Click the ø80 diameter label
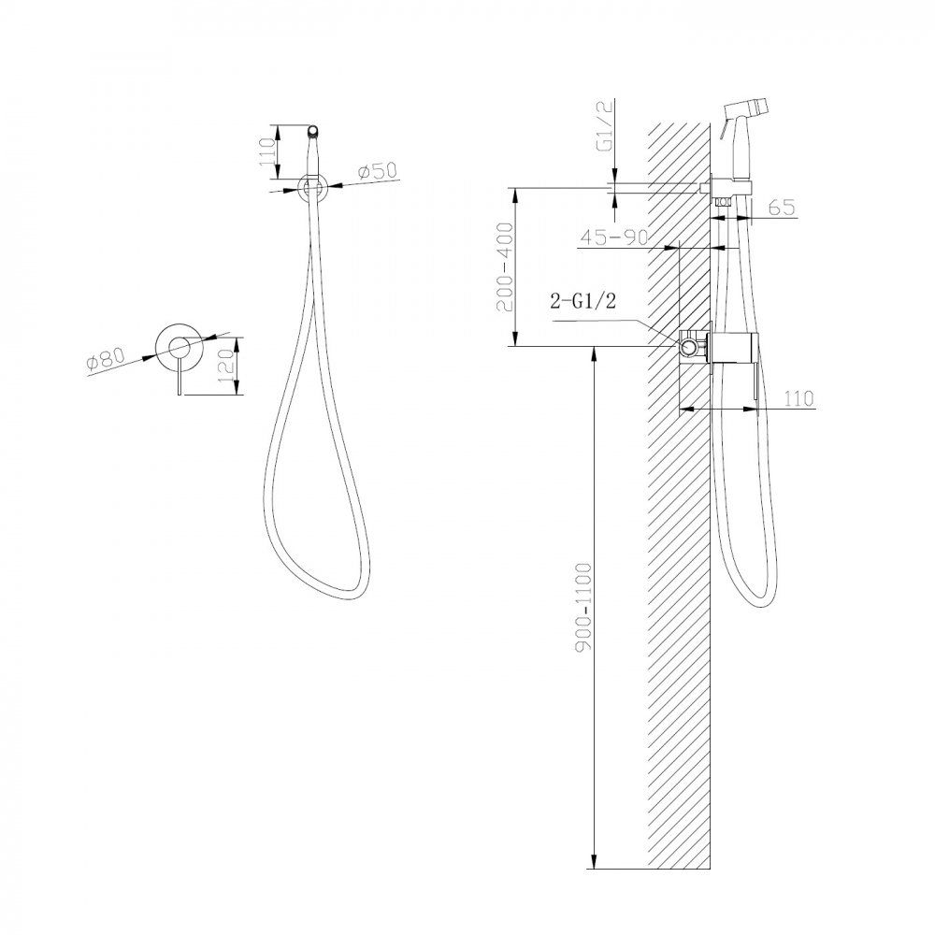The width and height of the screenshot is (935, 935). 106,359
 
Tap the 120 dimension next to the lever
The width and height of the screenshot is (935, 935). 225,366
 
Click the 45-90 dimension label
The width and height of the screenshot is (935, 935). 613,237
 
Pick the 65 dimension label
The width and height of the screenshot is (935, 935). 782,208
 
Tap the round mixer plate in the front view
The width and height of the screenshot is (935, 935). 179,349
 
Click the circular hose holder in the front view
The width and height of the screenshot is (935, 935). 313,188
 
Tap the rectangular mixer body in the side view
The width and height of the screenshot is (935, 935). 734,348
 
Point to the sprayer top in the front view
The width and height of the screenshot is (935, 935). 314,131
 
